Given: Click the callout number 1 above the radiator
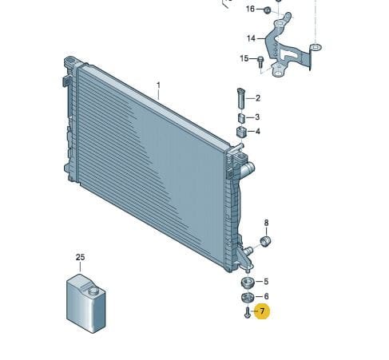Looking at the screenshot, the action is pyautogui.click(x=159, y=85).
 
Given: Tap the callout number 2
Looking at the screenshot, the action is pyautogui.click(x=258, y=98).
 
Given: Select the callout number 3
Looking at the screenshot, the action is pyautogui.click(x=257, y=117).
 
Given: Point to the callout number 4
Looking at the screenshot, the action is pyautogui.click(x=258, y=131).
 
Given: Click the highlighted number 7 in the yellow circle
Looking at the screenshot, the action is pyautogui.click(x=262, y=311).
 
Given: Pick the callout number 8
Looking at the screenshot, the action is pyautogui.click(x=267, y=223).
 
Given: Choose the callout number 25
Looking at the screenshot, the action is pyautogui.click(x=81, y=257).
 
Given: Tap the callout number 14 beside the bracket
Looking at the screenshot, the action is pyautogui.click(x=251, y=38).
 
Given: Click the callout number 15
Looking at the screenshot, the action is pyautogui.click(x=244, y=58).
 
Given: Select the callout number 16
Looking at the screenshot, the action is pyautogui.click(x=250, y=9).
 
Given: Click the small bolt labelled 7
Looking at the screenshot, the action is pyautogui.click(x=248, y=312).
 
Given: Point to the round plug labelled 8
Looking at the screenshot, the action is pyautogui.click(x=265, y=241).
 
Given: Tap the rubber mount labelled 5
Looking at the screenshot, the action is pyautogui.click(x=247, y=282).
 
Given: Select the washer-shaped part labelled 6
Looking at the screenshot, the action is pyautogui.click(x=247, y=297).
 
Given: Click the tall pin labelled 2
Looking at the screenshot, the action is pyautogui.click(x=241, y=98).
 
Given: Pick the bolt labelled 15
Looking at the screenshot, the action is pyautogui.click(x=260, y=61).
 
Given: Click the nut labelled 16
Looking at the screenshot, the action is pyautogui.click(x=268, y=10).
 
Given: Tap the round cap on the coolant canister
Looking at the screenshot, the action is pyautogui.click(x=94, y=291).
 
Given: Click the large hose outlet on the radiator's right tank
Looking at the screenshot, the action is pyautogui.click(x=248, y=168).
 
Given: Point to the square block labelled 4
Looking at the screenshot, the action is pyautogui.click(x=241, y=132).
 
